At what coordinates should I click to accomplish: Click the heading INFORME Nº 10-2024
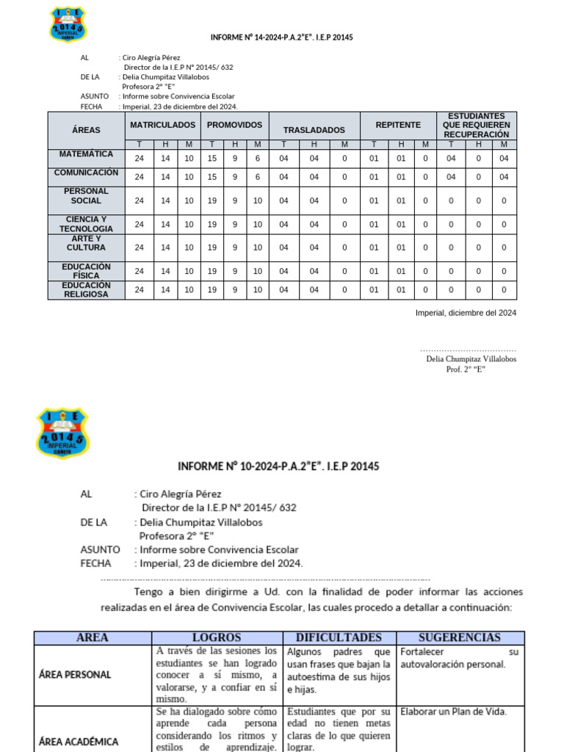click(278, 466)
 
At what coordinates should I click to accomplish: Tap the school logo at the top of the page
click(68, 24)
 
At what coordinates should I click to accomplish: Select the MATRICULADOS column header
click(163, 125)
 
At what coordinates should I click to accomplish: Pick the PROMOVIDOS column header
click(234, 125)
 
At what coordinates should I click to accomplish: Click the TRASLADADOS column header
click(314, 130)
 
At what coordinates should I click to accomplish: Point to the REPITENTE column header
click(398, 125)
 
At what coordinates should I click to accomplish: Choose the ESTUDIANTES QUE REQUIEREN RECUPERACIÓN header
click(477, 126)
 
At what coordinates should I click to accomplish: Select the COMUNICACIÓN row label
click(86, 173)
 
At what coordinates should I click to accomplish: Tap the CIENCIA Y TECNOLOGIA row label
click(86, 224)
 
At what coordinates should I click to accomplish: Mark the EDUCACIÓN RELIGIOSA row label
click(86, 289)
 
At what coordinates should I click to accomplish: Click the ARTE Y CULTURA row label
click(86, 243)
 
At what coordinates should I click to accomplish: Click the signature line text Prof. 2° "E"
click(466, 369)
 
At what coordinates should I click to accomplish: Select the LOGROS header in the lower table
click(217, 637)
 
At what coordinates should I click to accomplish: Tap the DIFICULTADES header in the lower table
click(339, 637)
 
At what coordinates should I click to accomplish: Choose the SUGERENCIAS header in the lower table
click(460, 637)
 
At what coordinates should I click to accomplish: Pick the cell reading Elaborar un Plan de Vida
click(453, 712)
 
